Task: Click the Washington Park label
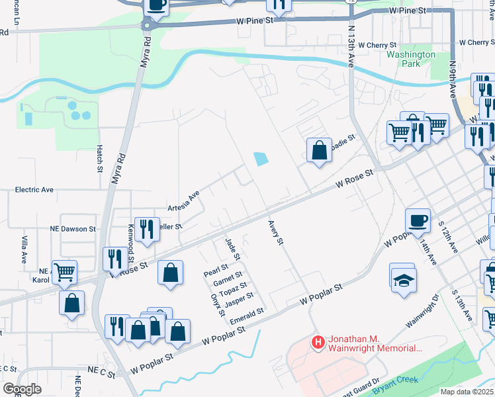(411, 60)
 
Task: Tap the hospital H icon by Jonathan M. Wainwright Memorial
(318, 342)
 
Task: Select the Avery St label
(276, 233)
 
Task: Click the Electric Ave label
(34, 190)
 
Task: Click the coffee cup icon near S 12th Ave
(417, 220)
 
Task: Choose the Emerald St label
(247, 316)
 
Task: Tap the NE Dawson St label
(73, 229)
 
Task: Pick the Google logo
(22, 389)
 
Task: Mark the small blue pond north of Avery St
(261, 159)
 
